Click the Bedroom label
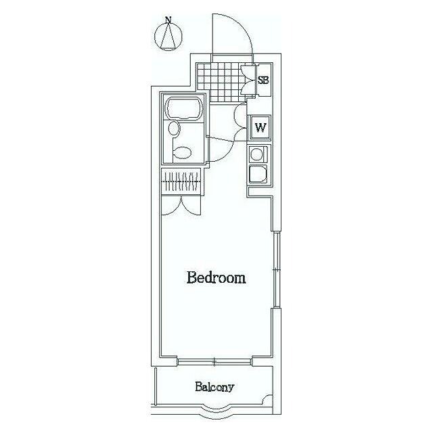(216, 278)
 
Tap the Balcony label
(214, 387)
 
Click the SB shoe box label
(263, 81)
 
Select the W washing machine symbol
(260, 128)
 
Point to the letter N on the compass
(168, 20)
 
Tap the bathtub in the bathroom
(184, 109)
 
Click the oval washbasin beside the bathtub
(174, 129)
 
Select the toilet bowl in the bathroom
(181, 152)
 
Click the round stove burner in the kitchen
(256, 155)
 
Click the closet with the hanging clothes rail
(182, 181)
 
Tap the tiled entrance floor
(222, 83)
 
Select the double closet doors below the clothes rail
(181, 206)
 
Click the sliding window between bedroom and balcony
(214, 361)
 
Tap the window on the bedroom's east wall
(277, 270)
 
